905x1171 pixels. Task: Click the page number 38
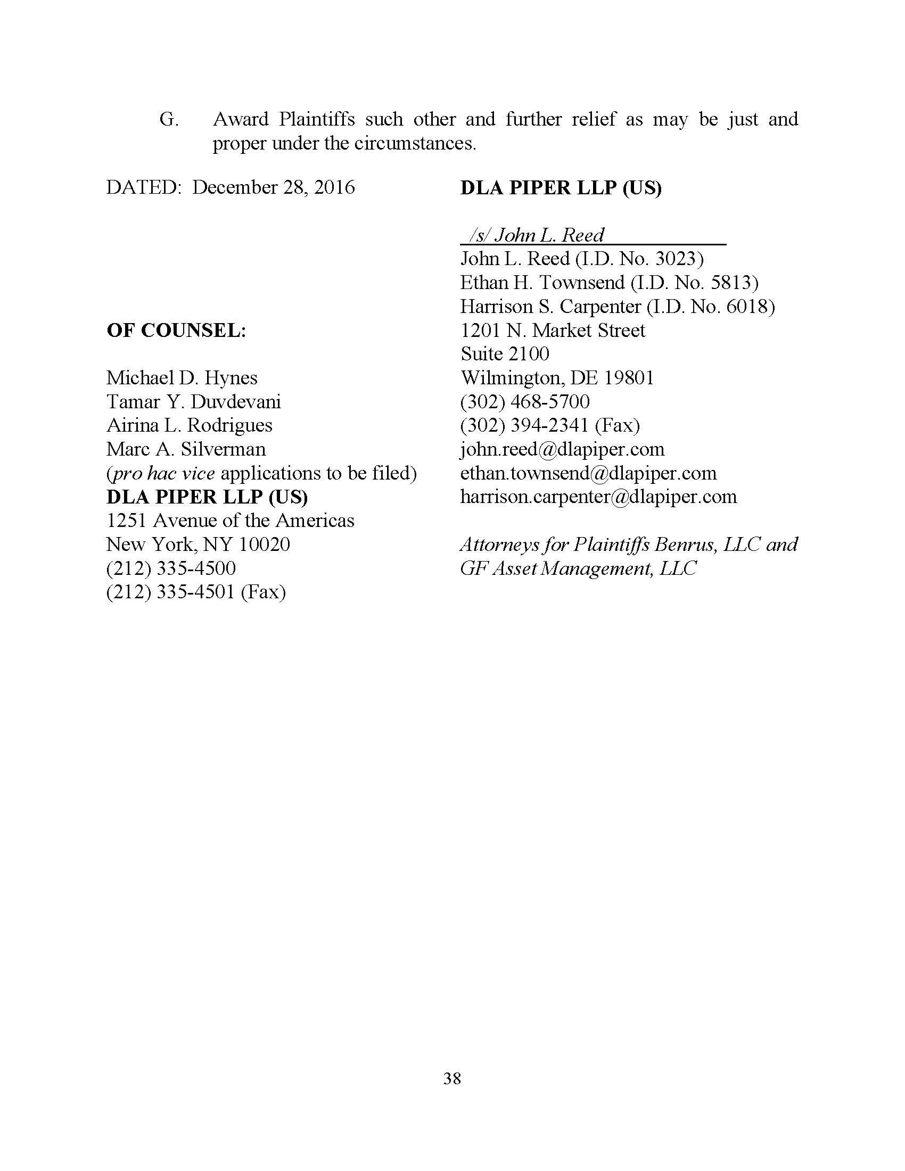[x=452, y=1078]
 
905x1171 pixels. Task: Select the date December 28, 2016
[x=274, y=187]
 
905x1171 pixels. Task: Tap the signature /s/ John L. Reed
[x=536, y=235]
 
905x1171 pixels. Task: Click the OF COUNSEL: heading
[x=176, y=331]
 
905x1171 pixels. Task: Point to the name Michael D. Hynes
[x=182, y=378]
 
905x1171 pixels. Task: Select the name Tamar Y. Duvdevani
[x=194, y=401]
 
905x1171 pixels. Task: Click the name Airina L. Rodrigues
[x=190, y=425]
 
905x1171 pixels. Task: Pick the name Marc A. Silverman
[x=186, y=449]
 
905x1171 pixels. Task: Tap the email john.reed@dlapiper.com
[x=562, y=449]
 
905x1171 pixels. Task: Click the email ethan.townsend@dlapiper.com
[x=588, y=473]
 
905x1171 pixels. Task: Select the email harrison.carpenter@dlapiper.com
[x=598, y=497]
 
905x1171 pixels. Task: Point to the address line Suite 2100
[x=505, y=354]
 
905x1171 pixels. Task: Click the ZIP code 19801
[x=629, y=378]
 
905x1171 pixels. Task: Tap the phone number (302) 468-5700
[x=525, y=401]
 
